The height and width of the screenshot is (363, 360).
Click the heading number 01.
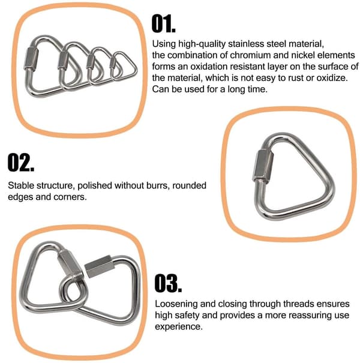163,23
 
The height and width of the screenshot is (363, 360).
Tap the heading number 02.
21,163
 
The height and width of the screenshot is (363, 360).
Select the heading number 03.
168,283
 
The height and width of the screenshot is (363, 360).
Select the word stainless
246,44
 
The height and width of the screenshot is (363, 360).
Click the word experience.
179,327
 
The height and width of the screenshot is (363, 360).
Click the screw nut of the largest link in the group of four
31,58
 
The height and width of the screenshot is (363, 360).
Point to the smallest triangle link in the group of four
123,65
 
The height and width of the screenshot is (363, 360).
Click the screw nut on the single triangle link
263,166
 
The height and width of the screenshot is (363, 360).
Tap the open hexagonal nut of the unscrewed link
100,266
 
